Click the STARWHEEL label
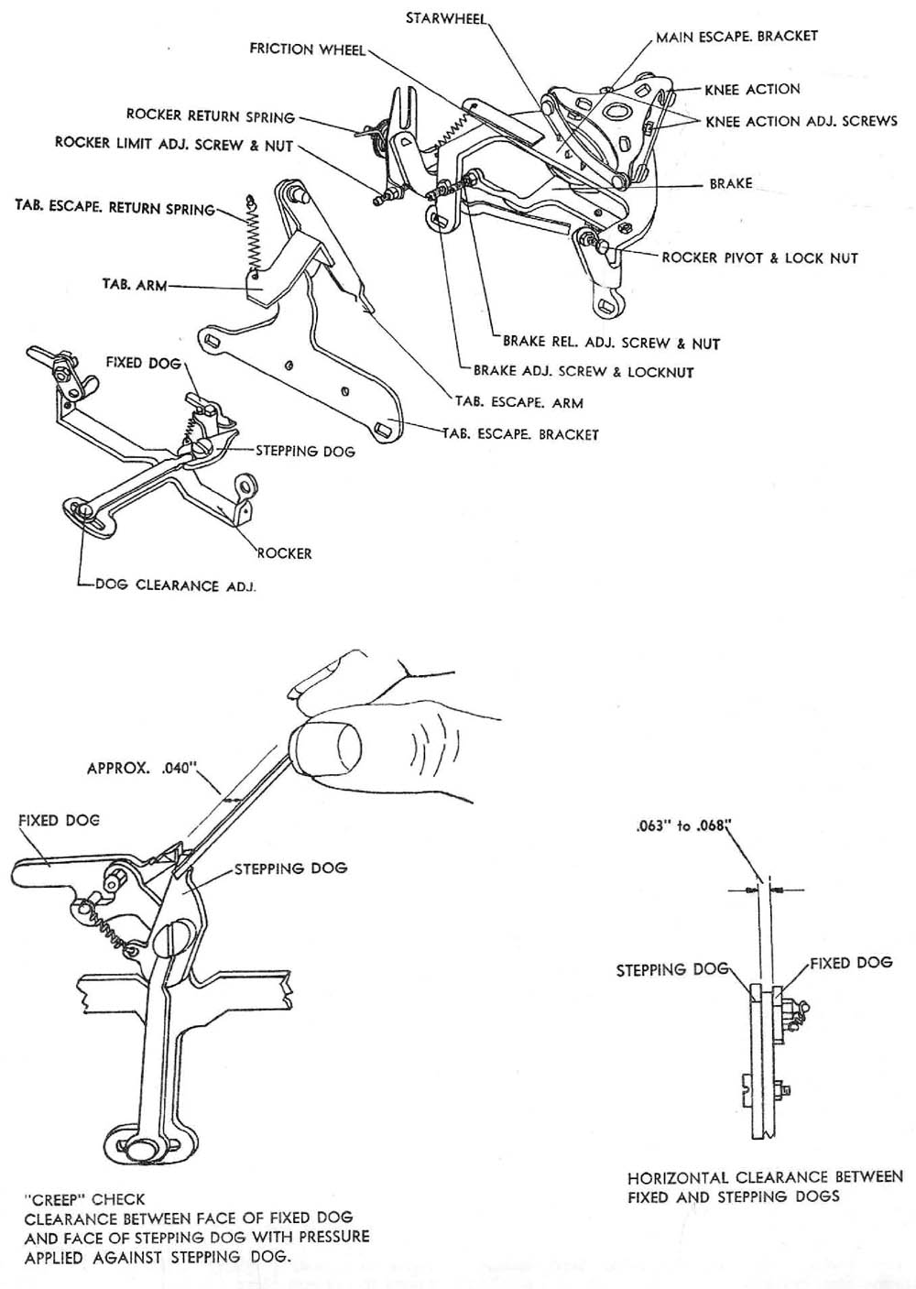445,18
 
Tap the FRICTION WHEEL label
307,49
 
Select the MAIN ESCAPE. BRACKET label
736,37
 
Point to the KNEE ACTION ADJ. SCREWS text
801,121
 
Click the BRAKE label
731,184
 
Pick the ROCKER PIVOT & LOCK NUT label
759,258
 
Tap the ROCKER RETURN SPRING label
210,116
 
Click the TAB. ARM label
134,285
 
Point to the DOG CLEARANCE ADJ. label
175,585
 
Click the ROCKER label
284,553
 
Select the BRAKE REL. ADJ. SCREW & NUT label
611,344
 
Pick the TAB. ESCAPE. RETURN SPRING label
114,208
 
